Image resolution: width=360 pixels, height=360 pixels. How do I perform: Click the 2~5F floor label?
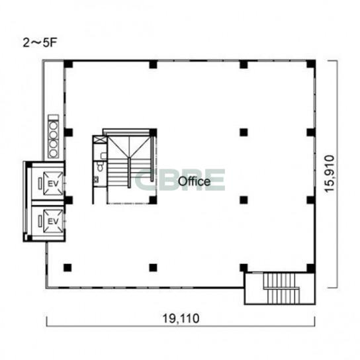(40, 43)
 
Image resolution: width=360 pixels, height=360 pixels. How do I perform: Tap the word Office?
(195, 181)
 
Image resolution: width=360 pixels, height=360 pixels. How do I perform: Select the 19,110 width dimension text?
(181, 319)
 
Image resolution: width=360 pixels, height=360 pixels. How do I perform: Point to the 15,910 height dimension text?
(330, 173)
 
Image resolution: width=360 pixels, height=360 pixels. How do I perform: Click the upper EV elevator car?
(53, 183)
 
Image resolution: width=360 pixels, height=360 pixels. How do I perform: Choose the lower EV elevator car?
(53, 221)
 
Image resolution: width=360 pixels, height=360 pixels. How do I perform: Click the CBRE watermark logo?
(180, 180)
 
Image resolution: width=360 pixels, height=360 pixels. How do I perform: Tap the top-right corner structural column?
(311, 64)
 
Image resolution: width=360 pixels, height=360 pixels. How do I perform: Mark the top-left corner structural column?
(68, 64)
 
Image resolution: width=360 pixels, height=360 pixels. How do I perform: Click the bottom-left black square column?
(67, 267)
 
